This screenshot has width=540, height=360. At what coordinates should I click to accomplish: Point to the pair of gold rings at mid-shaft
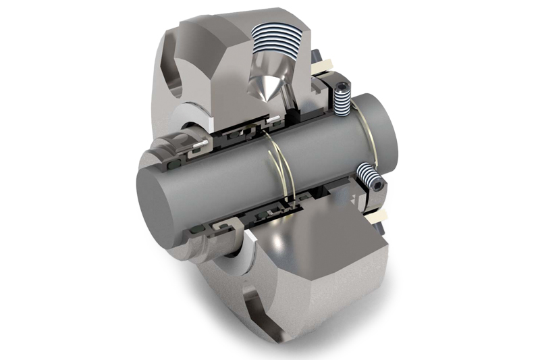tap(277, 169)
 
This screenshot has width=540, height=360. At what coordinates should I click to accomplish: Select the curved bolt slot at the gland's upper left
tap(178, 68)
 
